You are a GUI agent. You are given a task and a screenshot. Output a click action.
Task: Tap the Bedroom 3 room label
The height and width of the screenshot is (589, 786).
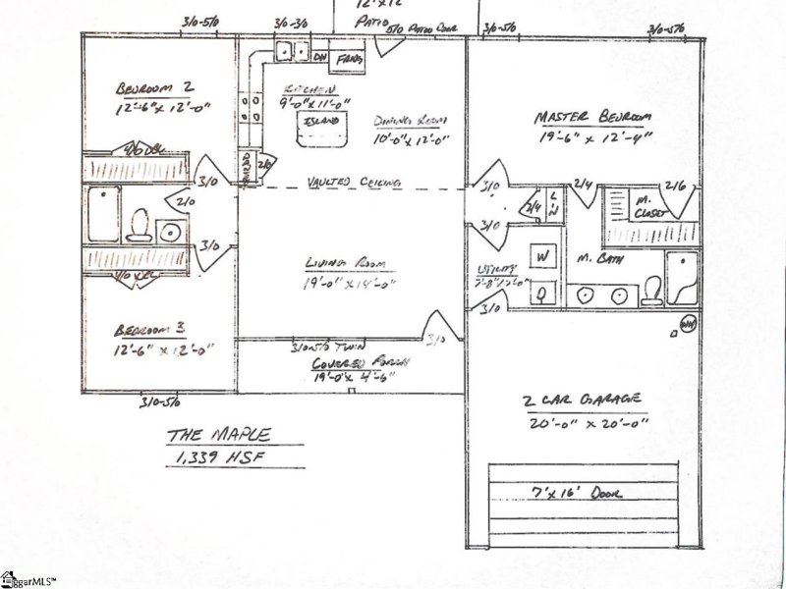click(x=148, y=329)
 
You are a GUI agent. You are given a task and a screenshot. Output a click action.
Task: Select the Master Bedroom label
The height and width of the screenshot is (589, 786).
click(x=592, y=118)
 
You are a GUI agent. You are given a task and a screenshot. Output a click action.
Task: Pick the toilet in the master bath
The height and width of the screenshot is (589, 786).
click(x=651, y=289)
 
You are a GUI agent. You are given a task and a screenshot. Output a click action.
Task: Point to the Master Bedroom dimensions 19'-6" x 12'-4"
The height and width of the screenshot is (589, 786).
click(x=593, y=139)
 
